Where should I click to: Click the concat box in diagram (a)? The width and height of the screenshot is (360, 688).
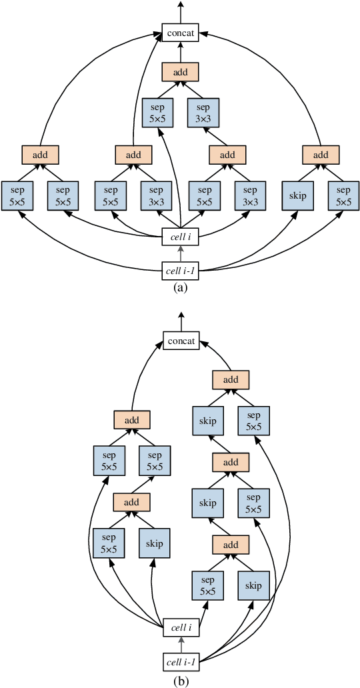[x=181, y=31]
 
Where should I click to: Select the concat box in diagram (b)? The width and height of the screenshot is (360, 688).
[x=181, y=342]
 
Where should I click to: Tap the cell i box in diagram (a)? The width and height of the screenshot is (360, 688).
[x=181, y=235]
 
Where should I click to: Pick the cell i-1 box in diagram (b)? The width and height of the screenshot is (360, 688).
[x=181, y=662]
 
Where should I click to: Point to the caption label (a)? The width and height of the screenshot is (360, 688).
[x=180, y=287]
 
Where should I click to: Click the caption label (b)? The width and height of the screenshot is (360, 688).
[x=180, y=681]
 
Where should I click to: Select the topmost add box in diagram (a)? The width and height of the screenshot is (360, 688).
[x=181, y=71]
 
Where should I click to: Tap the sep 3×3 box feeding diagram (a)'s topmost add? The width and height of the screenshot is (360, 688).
[x=204, y=113]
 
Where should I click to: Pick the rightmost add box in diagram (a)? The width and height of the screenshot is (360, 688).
[x=321, y=155]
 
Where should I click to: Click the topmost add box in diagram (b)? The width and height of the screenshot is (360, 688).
[x=230, y=379]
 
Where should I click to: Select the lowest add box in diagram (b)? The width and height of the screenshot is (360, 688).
[x=230, y=545]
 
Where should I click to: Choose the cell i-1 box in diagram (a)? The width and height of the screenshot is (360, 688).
[x=181, y=271]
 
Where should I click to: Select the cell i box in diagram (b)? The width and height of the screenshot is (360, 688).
[x=181, y=627]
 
